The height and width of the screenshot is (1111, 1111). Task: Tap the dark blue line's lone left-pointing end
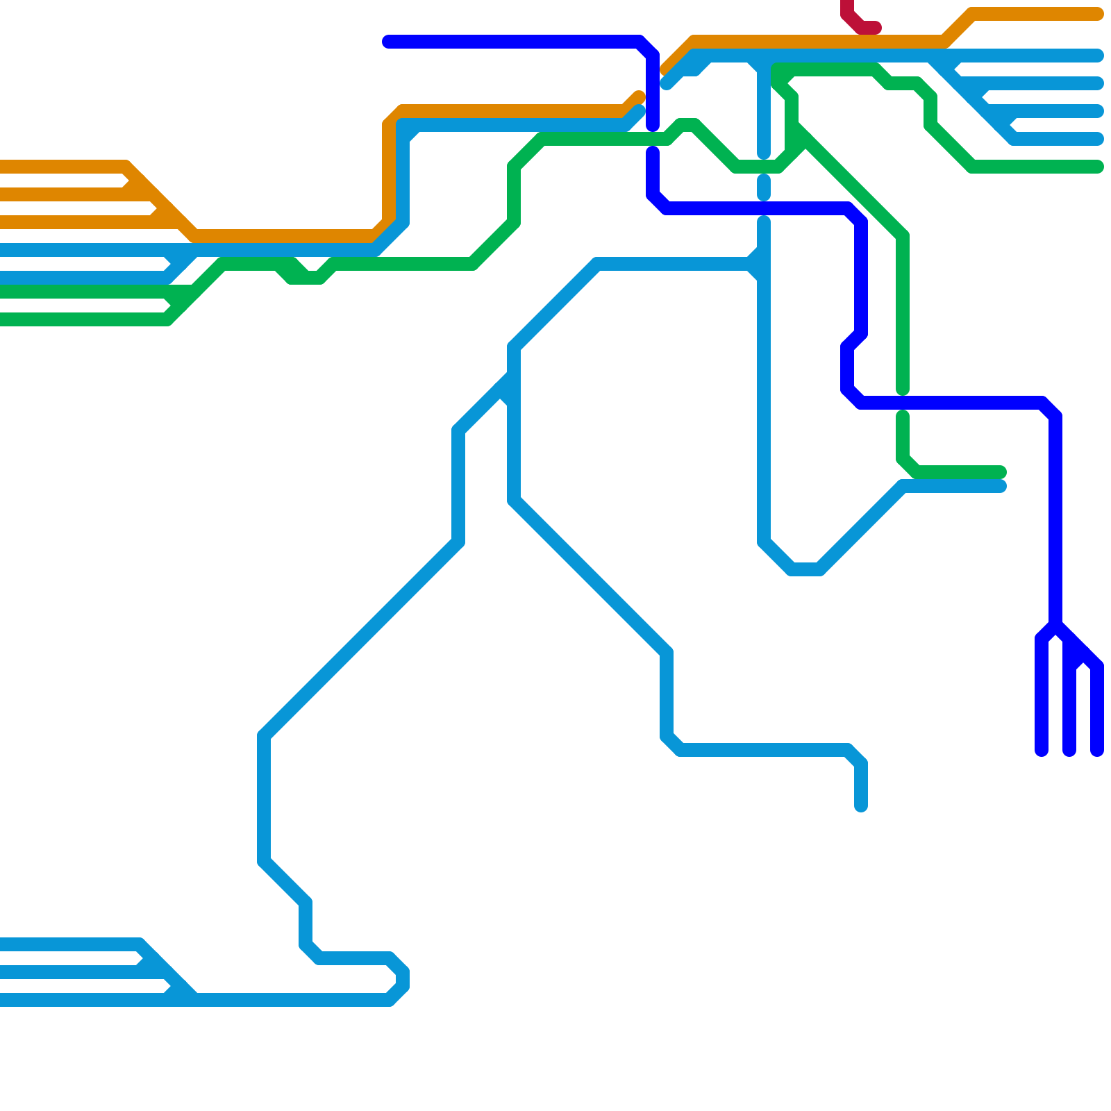388,42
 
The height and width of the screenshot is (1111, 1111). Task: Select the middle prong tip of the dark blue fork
1069,751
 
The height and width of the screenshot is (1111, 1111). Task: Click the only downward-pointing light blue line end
861,806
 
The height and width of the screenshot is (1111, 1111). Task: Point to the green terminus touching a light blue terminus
1000,472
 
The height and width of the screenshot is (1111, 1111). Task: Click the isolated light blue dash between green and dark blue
764,187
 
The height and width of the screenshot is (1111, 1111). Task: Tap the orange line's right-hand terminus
1097,14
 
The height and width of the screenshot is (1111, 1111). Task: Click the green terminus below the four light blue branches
1097,167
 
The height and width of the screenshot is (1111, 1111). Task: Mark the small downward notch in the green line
306,278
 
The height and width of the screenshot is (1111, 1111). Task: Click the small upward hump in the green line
687,125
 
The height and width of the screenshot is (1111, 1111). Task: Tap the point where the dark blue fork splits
1055,625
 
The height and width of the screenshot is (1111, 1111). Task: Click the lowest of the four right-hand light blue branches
1097,139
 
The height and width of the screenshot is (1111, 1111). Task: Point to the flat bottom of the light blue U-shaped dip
805,569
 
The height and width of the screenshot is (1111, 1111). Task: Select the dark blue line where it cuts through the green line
903,403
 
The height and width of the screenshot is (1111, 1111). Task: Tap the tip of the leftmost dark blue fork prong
1042,751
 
